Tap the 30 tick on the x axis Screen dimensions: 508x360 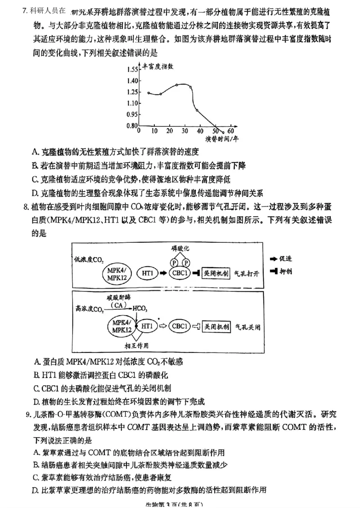tap(185, 131)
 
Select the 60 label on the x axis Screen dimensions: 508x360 tap(231, 131)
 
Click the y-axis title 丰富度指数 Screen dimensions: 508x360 tap(158, 66)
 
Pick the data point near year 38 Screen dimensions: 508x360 tap(197, 110)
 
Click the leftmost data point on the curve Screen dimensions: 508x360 tap(148, 93)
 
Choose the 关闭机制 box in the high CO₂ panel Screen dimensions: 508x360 tap(216, 326)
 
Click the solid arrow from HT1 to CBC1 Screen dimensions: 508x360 tap(163, 273)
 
